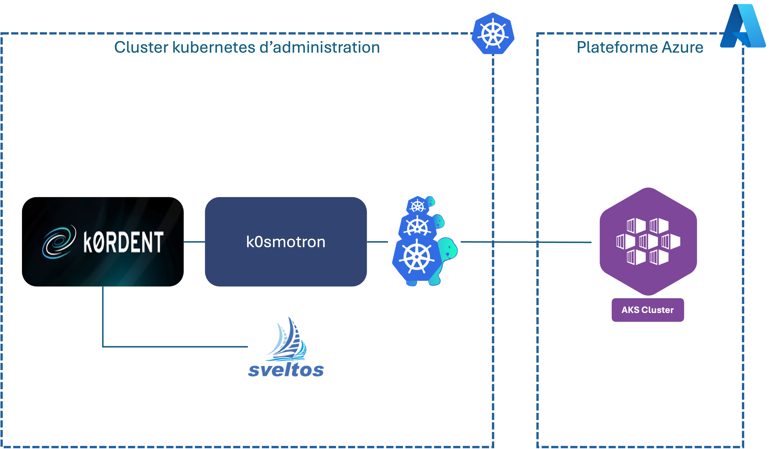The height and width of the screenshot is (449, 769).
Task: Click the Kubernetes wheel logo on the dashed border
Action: pyautogui.click(x=493, y=34)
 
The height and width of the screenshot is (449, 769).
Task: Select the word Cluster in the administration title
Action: pyautogui.click(x=141, y=48)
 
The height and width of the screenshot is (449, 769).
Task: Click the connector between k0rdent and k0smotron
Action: pyautogui.click(x=194, y=242)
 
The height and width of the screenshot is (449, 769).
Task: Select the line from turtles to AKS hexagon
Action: pyautogui.click(x=525, y=242)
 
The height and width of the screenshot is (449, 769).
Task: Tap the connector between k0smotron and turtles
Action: pyautogui.click(x=377, y=242)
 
